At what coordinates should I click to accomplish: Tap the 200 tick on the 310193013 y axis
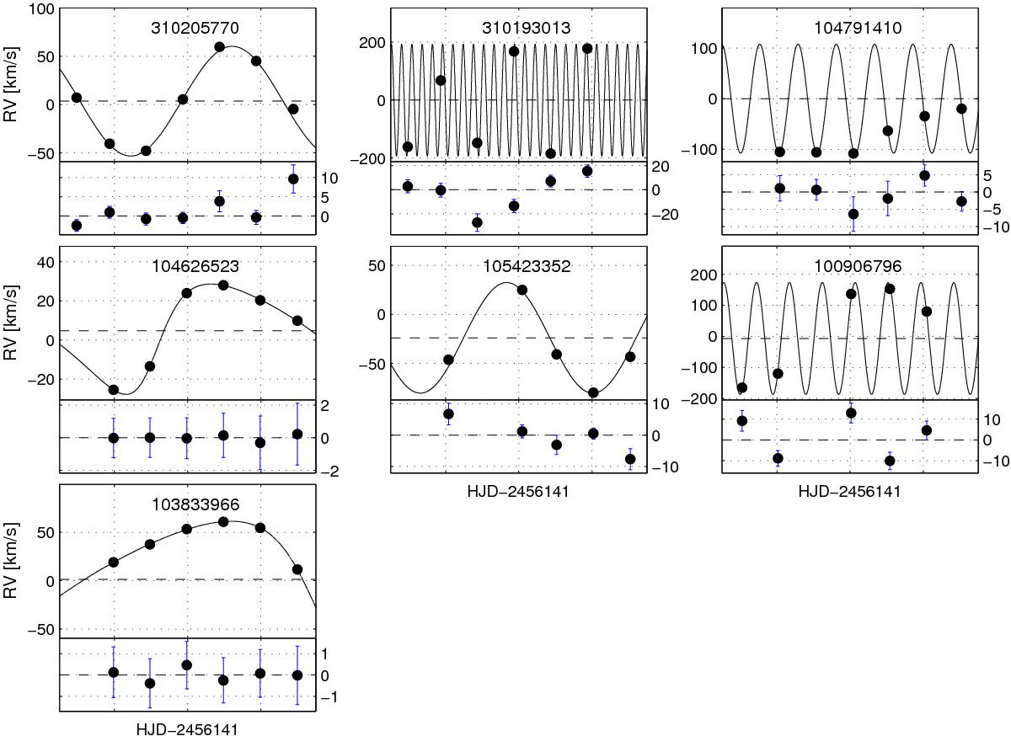click(372, 43)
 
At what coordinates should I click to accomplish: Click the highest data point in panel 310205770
click(219, 47)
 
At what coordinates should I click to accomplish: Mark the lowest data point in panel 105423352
click(593, 392)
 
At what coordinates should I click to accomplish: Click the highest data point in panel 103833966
click(223, 522)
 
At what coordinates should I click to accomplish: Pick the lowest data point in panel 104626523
click(113, 390)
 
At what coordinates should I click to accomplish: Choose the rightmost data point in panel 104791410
click(961, 109)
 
